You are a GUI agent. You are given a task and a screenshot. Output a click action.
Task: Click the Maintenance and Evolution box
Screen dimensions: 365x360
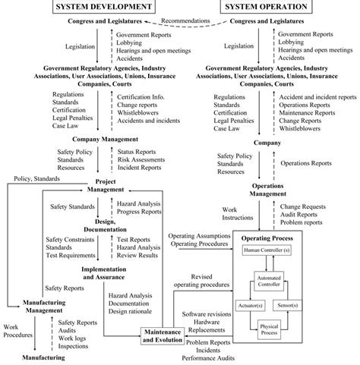pyautogui.click(x=163, y=335)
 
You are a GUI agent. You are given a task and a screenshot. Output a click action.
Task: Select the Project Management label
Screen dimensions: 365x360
pyautogui.click(x=111, y=186)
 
